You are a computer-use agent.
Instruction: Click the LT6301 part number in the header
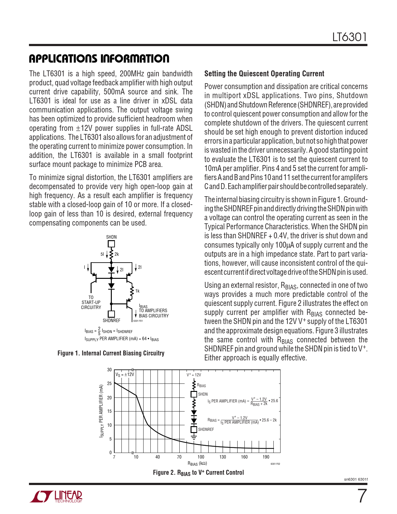click(349, 37)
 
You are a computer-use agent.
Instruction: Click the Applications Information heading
click(99, 59)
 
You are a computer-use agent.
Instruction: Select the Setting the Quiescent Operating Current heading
click(264, 74)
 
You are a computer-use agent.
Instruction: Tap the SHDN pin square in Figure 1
click(111, 244)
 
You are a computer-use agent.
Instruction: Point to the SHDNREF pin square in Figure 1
click(111, 314)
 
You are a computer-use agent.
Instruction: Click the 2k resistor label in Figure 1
click(117, 254)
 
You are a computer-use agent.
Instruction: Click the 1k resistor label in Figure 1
click(137, 291)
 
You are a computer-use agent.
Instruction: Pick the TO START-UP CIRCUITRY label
click(91, 302)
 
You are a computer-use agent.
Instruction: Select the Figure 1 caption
click(111, 353)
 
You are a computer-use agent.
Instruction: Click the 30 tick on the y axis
click(109, 370)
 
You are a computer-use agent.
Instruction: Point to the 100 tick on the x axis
click(201, 457)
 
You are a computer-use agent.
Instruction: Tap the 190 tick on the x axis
click(266, 457)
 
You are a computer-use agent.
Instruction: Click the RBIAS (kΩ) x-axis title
click(197, 464)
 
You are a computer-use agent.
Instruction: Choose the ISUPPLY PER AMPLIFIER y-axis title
click(101, 411)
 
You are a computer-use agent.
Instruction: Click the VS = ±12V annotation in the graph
click(125, 374)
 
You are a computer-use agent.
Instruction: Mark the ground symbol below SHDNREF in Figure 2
click(194, 437)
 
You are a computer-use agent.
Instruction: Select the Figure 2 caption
click(198, 473)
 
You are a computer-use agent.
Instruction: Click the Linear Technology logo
click(56, 497)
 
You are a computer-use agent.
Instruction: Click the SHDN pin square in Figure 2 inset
click(194, 394)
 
